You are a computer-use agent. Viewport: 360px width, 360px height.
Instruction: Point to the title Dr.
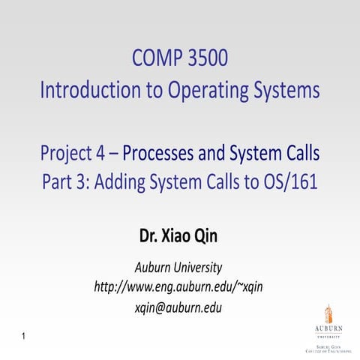(148, 238)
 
